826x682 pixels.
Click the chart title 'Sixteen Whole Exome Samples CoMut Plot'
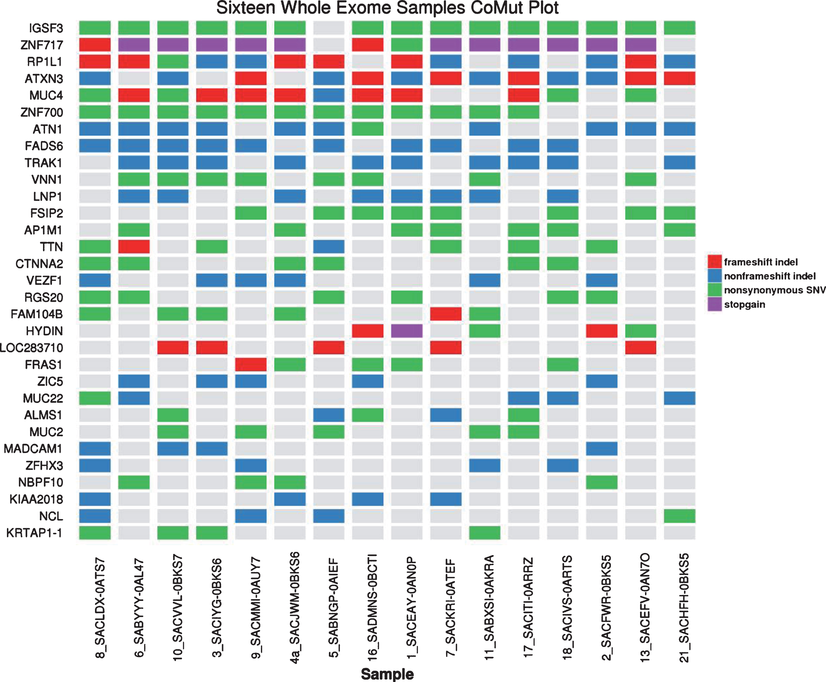[387, 8]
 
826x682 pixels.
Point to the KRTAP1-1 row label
[34, 533]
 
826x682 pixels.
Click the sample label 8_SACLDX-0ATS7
[100, 607]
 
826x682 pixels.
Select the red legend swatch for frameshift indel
[714, 262]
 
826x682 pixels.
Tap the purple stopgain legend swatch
[714, 304]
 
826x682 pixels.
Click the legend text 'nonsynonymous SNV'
[775, 290]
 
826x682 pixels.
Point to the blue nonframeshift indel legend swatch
[714, 276]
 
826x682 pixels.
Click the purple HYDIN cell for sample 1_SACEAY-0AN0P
[407, 331]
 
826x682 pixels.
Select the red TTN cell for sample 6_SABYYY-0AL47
[134, 247]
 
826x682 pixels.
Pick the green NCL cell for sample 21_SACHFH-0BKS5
[680, 516]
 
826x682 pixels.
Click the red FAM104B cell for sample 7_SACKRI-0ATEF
[446, 314]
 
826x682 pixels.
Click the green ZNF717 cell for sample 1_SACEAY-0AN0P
[407, 45]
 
